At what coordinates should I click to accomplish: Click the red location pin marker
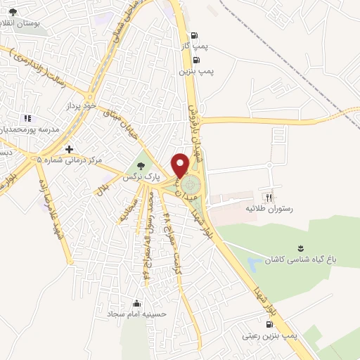click(x=181, y=165)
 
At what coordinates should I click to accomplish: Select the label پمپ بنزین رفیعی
click(x=271, y=336)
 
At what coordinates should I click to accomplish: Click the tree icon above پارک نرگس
click(x=142, y=166)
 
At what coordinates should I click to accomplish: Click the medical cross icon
click(x=69, y=149)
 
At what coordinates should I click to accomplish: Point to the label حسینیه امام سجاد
click(x=137, y=314)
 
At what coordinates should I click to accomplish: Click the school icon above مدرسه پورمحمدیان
click(x=27, y=119)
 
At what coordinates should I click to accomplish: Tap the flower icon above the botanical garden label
click(x=301, y=247)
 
